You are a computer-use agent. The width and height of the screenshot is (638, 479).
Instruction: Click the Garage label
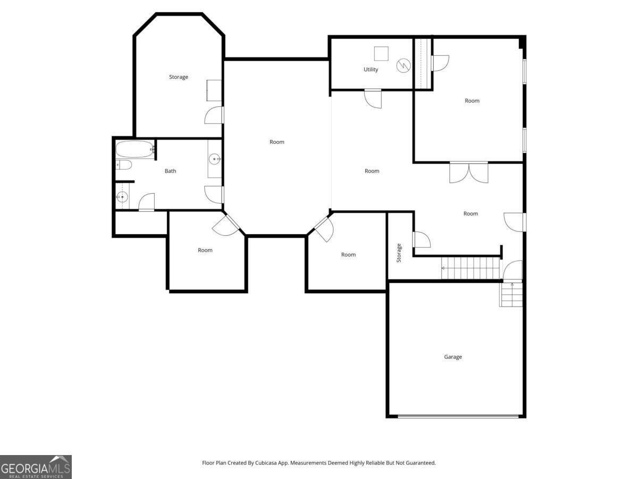click(452, 357)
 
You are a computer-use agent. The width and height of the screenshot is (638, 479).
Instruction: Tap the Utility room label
click(371, 70)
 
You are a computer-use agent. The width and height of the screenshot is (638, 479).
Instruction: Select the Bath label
click(170, 171)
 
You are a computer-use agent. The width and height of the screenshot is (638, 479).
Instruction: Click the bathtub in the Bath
click(135, 149)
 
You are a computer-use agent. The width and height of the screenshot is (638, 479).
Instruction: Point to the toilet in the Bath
click(123, 165)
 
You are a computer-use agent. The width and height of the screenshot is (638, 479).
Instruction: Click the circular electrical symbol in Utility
click(404, 65)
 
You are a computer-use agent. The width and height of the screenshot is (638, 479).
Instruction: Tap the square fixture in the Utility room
click(381, 54)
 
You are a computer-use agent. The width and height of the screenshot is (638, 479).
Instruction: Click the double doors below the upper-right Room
click(469, 172)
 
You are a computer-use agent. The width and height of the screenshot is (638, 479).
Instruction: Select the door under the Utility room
click(373, 98)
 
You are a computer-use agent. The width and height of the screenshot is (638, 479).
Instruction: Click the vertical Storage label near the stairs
click(399, 253)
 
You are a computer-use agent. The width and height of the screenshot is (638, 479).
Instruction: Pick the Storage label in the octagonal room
click(179, 77)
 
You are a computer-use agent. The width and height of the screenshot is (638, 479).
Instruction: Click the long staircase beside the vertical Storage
click(471, 268)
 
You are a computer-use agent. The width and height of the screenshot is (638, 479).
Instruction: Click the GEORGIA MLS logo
click(36, 467)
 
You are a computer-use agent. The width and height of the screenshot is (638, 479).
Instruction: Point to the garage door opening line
click(458, 417)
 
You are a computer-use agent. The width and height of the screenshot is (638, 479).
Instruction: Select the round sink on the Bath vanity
click(214, 159)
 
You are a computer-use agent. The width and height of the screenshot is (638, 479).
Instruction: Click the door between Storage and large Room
click(214, 115)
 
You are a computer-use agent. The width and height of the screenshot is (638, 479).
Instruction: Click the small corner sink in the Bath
click(122, 197)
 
